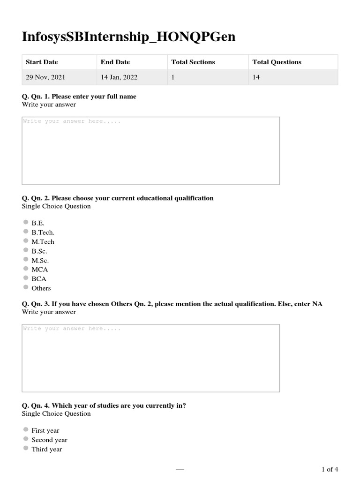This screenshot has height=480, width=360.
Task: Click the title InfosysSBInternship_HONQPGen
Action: (x=128, y=37)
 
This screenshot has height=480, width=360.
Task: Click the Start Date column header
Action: (x=42, y=62)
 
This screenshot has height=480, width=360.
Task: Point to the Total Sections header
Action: (x=193, y=62)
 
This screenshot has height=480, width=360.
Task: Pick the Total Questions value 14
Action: (x=256, y=77)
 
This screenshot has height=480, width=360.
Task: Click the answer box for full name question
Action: (x=150, y=150)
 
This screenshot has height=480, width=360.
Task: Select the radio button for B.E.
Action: (x=26, y=223)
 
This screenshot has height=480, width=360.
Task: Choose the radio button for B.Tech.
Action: (x=26, y=232)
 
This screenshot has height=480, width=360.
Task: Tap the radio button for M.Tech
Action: (x=26, y=241)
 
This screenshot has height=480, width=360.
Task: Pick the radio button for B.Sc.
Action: (x=26, y=251)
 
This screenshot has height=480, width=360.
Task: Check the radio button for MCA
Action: (x=26, y=269)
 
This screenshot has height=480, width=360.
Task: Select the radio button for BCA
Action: (x=26, y=278)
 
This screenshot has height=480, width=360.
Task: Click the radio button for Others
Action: (x=26, y=288)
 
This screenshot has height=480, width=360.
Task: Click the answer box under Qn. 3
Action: (x=150, y=358)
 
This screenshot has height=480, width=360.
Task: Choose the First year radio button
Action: (x=26, y=430)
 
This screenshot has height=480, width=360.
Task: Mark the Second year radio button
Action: (x=26, y=439)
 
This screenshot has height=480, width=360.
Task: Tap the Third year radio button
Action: (x=26, y=449)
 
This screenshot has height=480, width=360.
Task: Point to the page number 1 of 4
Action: (x=330, y=469)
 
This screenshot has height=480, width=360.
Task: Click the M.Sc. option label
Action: (x=40, y=260)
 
